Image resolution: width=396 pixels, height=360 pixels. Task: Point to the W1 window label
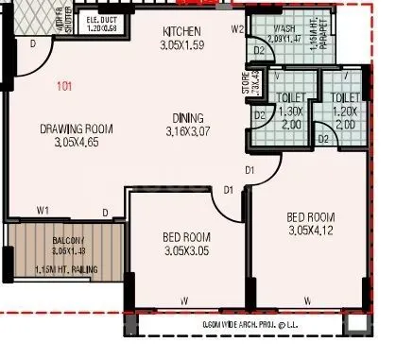(43, 209)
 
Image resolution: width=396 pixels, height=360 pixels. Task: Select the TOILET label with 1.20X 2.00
(346, 97)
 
